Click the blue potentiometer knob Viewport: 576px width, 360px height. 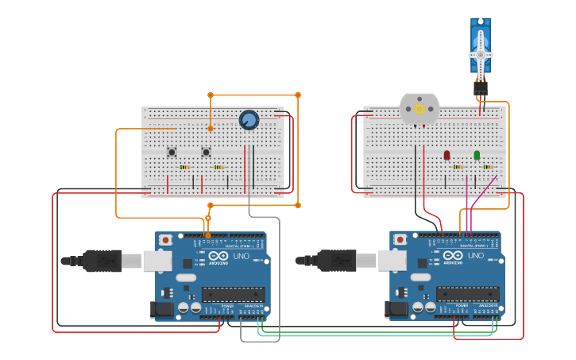249,120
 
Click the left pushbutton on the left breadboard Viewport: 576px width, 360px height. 172,152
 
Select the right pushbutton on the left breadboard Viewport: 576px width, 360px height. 206,152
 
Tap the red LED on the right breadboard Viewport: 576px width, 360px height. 446,155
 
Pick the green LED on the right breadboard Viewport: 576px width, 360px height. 477,155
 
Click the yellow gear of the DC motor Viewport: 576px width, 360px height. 419,109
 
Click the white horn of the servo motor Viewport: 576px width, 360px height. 481,54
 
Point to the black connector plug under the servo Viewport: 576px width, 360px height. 481,88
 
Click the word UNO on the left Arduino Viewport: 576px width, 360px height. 242,256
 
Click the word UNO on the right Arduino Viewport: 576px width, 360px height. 476,256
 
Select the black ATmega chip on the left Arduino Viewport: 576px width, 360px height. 233,294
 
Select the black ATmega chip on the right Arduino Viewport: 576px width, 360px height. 467,294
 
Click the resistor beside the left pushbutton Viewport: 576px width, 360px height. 185,167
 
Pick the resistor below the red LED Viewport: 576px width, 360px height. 458,167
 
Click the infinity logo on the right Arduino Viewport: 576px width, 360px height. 218,256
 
